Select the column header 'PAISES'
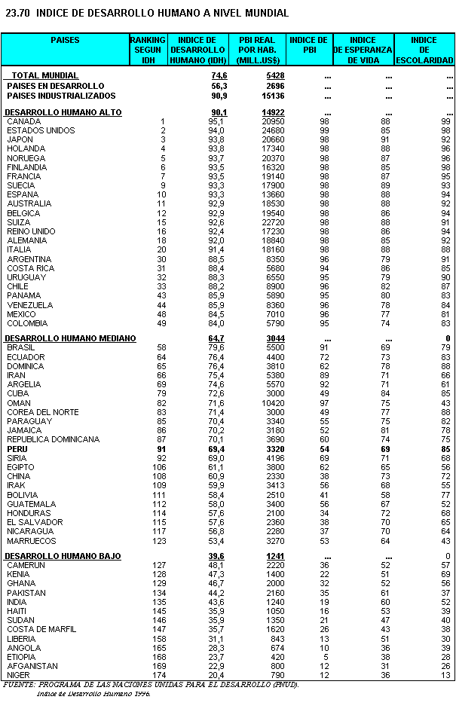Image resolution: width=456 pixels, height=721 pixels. coord(65,40)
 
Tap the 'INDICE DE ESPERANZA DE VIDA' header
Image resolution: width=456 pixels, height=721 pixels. coord(363,50)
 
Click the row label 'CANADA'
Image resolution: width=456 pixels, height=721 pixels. coord(24,121)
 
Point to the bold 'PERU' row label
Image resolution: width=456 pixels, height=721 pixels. coord(17,449)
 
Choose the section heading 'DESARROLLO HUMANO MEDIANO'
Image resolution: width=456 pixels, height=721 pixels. coord(70,338)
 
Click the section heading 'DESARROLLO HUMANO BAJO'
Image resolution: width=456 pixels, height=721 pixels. coord(63,556)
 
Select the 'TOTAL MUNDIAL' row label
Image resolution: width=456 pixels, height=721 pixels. coord(44,76)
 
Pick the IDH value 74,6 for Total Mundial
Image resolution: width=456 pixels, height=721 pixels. coord(219,76)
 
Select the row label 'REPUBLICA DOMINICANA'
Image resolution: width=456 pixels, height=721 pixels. coord(53,439)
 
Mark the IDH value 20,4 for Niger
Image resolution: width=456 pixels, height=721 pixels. coord(216,675)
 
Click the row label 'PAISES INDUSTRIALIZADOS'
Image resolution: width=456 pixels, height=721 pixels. coord(61,96)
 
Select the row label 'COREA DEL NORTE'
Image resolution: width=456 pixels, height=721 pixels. coord(42,412)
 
